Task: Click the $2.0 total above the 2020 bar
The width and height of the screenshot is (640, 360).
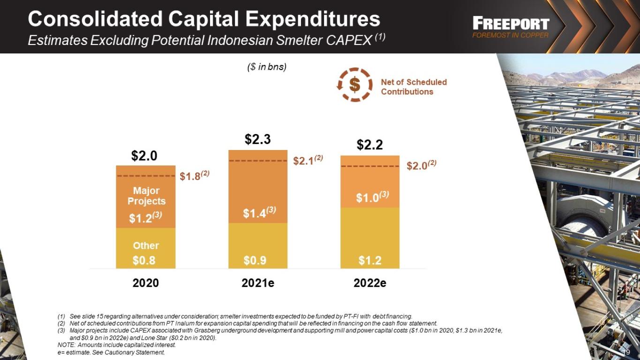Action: click(144, 156)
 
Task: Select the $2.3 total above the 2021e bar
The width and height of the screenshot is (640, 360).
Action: click(257, 139)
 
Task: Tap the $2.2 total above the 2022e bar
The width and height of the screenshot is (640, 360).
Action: click(369, 145)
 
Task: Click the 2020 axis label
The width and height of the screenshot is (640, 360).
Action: click(146, 283)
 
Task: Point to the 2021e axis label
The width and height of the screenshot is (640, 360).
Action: click(258, 283)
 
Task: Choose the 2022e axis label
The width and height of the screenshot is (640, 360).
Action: click(370, 283)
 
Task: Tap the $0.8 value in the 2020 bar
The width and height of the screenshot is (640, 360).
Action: click(144, 260)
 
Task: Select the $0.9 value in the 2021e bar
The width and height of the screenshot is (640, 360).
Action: click(255, 260)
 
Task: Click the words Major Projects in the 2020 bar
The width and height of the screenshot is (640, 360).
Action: click(146, 196)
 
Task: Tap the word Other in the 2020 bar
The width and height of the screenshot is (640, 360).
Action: click(146, 246)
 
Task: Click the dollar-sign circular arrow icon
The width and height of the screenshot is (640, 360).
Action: click(354, 84)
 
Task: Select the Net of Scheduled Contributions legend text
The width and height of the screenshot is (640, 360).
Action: click(414, 87)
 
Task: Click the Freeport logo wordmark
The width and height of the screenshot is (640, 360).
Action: click(511, 23)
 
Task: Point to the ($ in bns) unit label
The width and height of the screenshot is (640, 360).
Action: click(267, 67)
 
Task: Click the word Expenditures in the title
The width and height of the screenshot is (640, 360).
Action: click(313, 19)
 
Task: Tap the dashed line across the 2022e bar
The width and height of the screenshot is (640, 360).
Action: click(370, 166)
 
